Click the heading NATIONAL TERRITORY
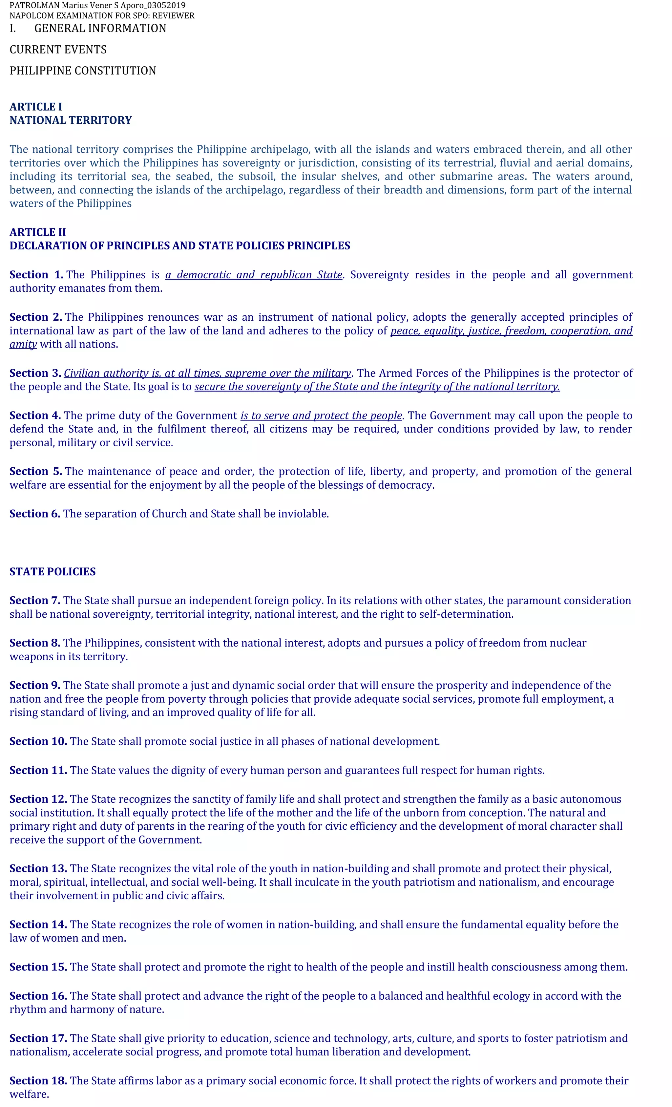coord(71,120)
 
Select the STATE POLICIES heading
coord(52,571)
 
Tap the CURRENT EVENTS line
coord(58,50)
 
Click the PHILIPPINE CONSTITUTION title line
coord(83,71)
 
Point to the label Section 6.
coord(34,514)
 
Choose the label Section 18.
coord(38,1080)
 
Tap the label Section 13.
coord(38,868)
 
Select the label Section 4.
coord(34,415)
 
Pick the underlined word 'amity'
coord(23,344)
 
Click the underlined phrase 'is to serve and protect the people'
coord(321,415)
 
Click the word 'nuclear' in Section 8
coord(568,643)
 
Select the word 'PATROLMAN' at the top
coord(34,5)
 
